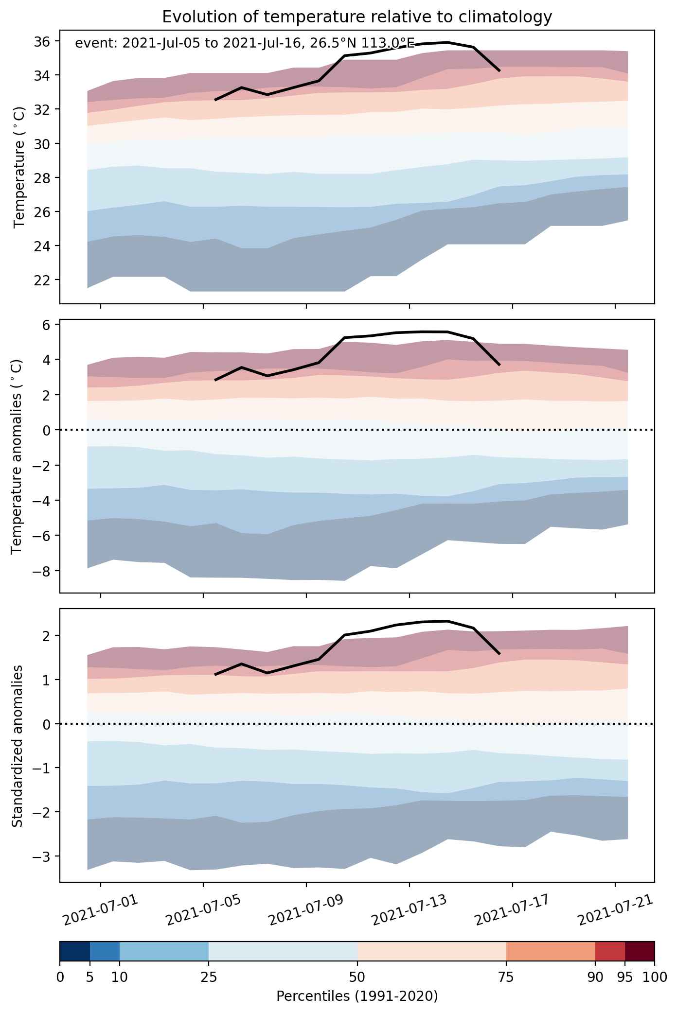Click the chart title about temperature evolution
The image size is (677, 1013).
point(357,17)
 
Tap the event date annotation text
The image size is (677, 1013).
point(245,44)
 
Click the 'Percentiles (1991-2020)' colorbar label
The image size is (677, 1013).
point(357,996)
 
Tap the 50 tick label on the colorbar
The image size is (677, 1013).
point(357,976)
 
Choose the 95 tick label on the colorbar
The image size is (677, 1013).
point(625,976)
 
